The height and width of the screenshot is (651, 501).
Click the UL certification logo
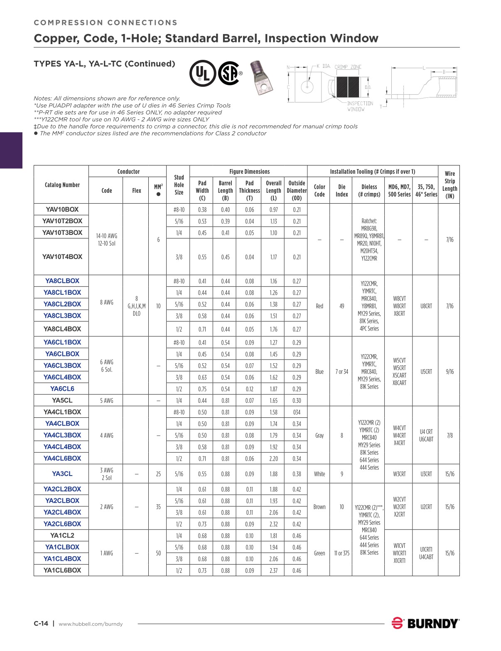click(x=202, y=73)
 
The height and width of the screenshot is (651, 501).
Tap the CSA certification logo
click(x=229, y=73)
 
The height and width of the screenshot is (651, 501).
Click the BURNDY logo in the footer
click(x=425, y=623)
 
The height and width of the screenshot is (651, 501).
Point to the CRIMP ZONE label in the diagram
click(x=348, y=67)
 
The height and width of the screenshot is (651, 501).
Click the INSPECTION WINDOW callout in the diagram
click(x=360, y=106)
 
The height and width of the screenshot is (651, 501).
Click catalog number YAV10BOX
click(x=62, y=210)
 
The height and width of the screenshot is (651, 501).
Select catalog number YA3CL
click(x=62, y=473)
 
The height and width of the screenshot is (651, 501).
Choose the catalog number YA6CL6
click(x=62, y=389)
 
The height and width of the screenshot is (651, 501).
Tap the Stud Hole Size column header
click(x=179, y=185)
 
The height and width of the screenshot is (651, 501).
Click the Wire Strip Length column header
click(x=449, y=185)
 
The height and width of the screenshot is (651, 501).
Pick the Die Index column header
click(x=341, y=190)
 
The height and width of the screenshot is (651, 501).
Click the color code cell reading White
click(x=319, y=474)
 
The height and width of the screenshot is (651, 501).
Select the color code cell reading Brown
click(x=319, y=507)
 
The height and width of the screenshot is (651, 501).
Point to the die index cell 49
click(x=341, y=306)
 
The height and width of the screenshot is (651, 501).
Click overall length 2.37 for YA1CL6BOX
click(x=273, y=570)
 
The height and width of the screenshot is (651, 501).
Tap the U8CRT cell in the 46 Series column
click(x=426, y=306)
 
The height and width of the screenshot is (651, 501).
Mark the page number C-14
click(x=41, y=623)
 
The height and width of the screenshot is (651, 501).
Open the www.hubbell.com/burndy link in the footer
click(x=91, y=624)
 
